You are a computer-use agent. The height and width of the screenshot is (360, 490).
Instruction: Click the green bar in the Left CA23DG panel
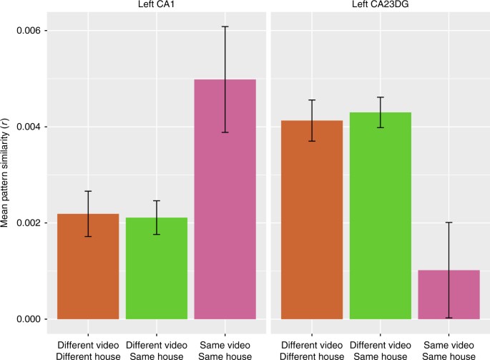tap(380, 215)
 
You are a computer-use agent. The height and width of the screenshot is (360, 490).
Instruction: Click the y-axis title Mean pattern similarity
tap(6, 175)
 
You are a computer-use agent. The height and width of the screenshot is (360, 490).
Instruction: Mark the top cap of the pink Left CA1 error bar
tap(225, 26)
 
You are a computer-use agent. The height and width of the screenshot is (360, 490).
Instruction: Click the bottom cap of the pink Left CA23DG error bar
tap(449, 318)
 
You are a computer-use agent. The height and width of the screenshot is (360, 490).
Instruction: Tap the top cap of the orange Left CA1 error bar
tap(88, 191)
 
